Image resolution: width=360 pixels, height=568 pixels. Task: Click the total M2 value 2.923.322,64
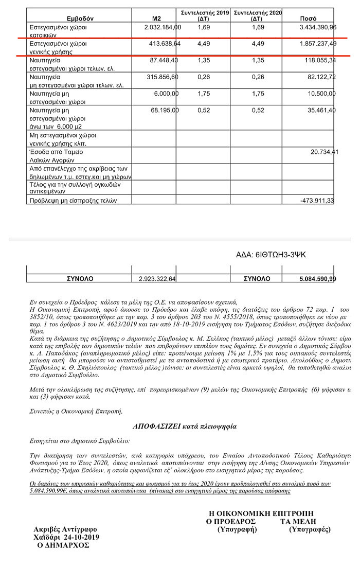click(157, 279)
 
